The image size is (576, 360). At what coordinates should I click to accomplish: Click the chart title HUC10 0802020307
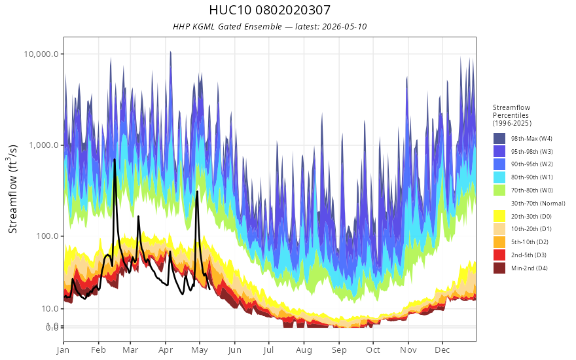pos(270,10)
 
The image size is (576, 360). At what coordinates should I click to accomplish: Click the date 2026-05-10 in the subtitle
pos(344,27)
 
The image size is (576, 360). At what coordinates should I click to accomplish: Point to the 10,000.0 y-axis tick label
pos(41,54)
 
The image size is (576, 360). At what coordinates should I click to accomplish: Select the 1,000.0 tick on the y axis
pos(44,145)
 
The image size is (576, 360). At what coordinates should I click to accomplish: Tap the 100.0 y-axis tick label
pos(47,236)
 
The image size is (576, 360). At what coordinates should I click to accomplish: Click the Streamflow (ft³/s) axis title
pos(13,189)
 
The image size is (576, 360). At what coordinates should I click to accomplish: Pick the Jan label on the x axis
pos(63,350)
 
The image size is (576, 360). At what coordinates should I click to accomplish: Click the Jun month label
pos(234,350)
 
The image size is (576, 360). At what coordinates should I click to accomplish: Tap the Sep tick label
pos(339,350)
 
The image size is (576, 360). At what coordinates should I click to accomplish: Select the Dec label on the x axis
pos(442,350)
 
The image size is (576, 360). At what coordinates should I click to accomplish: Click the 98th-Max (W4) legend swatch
pos(499,139)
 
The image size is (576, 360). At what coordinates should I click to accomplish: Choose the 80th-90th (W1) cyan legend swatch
pos(499,177)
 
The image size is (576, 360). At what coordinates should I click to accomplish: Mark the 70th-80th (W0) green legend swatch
pos(499,190)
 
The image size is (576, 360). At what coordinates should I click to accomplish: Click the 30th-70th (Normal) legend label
pos(538,203)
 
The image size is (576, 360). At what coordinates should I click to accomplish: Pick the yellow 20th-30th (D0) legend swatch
pos(499,216)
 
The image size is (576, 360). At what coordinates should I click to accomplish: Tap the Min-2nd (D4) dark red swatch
pos(499,268)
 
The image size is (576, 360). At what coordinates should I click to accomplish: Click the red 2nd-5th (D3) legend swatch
pos(499,255)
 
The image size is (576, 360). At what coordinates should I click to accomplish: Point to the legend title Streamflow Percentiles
pos(512,115)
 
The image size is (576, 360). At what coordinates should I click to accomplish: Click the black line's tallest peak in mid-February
pos(115,160)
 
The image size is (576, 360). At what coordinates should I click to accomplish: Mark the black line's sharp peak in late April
pos(197,191)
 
